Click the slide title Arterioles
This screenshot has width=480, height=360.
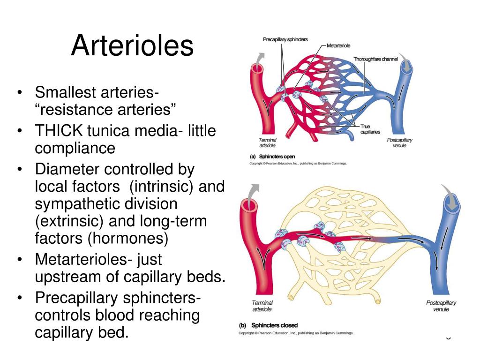click(x=132, y=46)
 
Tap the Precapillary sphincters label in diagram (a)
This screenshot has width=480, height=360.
click(x=285, y=39)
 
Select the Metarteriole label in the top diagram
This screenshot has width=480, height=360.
click(x=338, y=45)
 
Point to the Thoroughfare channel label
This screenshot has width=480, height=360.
click(x=375, y=59)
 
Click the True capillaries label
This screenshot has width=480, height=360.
click(x=370, y=129)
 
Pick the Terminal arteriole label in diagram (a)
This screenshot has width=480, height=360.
click(x=267, y=143)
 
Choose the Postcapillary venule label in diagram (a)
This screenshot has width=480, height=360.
click(x=399, y=143)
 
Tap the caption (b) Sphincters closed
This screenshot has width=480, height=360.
click(x=268, y=325)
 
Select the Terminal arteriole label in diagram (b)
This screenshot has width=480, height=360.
click(x=262, y=306)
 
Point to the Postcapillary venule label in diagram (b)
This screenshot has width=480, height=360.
click(x=441, y=306)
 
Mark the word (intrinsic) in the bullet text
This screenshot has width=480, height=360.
click(x=159, y=187)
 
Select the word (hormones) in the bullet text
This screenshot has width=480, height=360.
click(x=127, y=238)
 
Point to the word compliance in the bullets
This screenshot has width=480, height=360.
click(x=75, y=149)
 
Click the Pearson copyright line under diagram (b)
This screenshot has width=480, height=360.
click(x=296, y=333)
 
